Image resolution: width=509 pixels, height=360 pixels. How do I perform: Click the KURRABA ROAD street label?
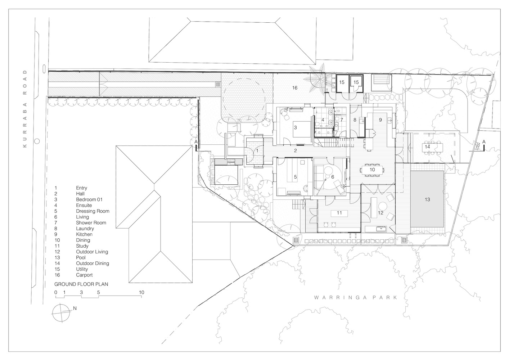tap(25, 109)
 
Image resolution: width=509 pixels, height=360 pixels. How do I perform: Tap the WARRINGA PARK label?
tap(356, 297)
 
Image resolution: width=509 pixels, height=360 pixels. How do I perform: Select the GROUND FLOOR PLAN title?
tap(81, 284)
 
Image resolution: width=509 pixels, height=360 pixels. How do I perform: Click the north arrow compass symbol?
tap(61, 313)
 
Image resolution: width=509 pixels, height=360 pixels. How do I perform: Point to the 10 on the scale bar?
tap(141, 292)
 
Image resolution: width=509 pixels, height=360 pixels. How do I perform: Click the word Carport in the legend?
tap(84, 275)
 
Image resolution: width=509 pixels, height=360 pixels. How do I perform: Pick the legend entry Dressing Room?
tap(93, 211)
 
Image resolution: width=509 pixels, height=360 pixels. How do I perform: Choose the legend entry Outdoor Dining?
tap(93, 264)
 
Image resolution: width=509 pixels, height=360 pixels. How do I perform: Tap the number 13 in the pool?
tap(427, 199)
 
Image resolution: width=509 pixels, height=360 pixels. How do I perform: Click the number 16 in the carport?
tap(295, 88)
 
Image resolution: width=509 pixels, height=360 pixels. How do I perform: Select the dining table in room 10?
tap(372, 170)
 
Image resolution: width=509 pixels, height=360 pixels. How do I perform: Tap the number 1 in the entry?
tap(257, 150)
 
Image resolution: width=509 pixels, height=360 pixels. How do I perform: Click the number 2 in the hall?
tap(296, 150)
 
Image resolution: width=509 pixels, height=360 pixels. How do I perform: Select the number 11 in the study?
tap(339, 213)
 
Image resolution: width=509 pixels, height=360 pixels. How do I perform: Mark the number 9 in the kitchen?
tap(380, 120)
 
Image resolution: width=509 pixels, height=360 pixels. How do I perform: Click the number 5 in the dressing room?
tap(295, 177)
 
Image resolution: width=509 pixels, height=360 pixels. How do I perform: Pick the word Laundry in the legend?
tap(85, 229)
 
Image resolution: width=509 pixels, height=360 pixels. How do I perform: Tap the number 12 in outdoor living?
tap(380, 213)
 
